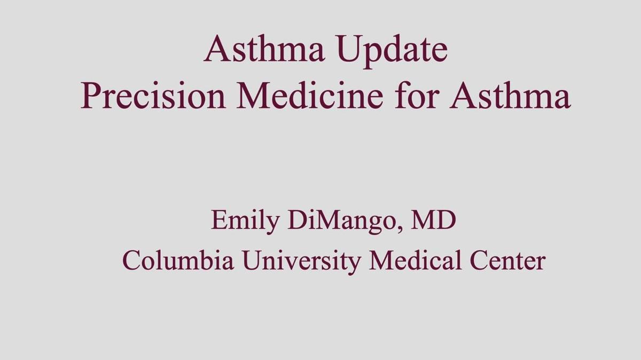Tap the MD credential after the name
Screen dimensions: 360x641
pyautogui.click(x=433, y=221)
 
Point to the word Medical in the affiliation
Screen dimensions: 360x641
pyautogui.click(x=417, y=260)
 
